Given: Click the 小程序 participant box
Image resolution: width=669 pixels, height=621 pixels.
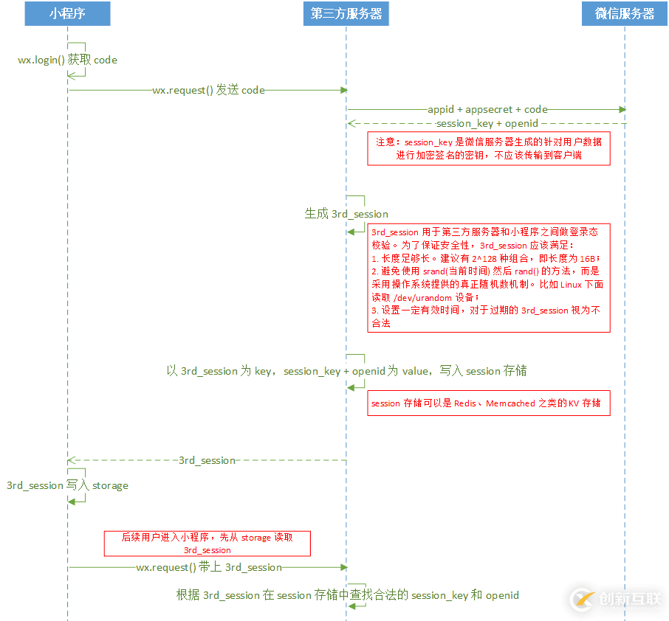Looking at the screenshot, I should [67, 13].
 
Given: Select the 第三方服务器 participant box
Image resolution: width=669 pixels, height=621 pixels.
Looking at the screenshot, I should [346, 13].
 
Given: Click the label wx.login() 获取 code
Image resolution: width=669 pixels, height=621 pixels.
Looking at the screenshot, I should [67, 60].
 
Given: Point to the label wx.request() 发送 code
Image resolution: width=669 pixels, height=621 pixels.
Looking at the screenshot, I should [208, 90].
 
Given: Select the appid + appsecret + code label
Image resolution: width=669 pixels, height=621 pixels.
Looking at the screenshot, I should [487, 109].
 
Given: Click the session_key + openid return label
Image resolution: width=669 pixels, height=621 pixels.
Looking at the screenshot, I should [487, 123].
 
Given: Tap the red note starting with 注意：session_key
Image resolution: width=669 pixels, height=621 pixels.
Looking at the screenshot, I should [489, 148].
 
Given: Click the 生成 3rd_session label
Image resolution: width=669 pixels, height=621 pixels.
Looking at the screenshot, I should [346, 214].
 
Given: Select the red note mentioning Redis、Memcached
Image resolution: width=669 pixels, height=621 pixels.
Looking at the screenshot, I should [489, 403].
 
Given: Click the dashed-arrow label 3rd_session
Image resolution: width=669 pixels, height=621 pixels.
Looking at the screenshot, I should [207, 460].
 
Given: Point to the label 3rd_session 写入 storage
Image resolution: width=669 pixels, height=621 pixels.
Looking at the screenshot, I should [67, 485].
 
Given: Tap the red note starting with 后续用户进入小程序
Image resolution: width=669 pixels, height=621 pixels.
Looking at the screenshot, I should [207, 544].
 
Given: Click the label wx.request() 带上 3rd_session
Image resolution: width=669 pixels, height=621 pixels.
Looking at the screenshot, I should [209, 567].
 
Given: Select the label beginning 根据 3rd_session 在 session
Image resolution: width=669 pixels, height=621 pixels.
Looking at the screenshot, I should [347, 595].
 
